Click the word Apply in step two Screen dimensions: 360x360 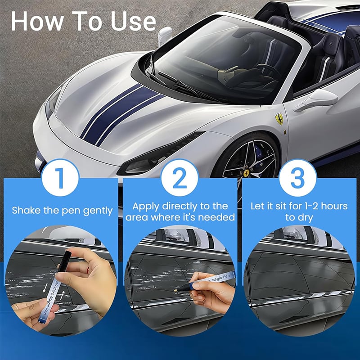(x=146, y=206)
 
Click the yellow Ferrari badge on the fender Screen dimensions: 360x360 (x=279, y=119)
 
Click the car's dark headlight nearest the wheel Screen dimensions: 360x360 (x=157, y=155)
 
